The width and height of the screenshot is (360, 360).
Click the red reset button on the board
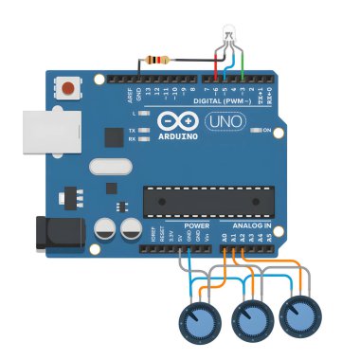coord(68,89)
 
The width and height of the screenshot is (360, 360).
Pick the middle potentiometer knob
coord(252,320)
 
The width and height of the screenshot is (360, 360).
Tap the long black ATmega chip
coord(207,200)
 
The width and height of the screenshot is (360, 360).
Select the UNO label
coord(226,122)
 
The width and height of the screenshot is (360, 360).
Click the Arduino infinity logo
coord(175,121)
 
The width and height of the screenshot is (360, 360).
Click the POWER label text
coord(197,226)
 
